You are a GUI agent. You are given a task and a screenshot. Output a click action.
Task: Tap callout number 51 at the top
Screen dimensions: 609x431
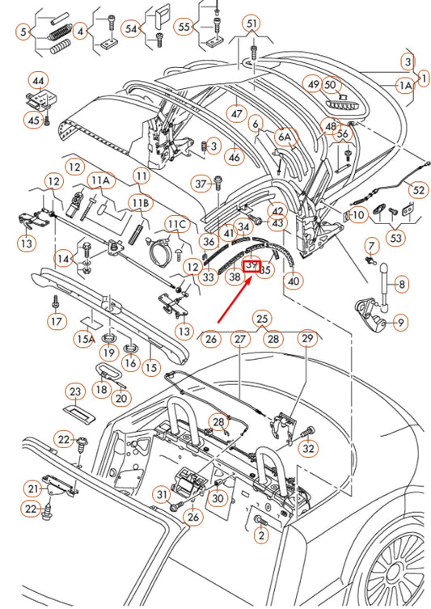pos(252,24)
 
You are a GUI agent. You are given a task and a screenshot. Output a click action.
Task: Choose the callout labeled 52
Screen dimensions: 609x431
pos(417,190)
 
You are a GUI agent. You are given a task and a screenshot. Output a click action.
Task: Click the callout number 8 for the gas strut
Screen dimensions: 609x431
pos(402,283)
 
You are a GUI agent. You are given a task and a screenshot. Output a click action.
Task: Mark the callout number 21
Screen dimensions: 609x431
pos(33,488)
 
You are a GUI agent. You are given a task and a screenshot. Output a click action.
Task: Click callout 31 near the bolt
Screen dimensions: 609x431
pos(162,495)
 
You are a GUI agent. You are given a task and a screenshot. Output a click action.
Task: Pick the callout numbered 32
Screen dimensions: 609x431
pos(308,448)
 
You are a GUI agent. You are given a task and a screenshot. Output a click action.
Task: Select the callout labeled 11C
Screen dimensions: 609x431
pos(176,222)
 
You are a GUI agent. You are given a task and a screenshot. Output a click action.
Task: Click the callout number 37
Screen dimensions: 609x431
pos(201,184)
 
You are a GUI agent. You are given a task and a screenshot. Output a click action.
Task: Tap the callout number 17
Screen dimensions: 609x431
pos(55,322)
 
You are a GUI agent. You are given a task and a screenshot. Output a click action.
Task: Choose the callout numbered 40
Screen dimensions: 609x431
pos(293,281)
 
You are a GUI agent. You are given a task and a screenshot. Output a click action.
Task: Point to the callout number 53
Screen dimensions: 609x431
pos(397,238)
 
